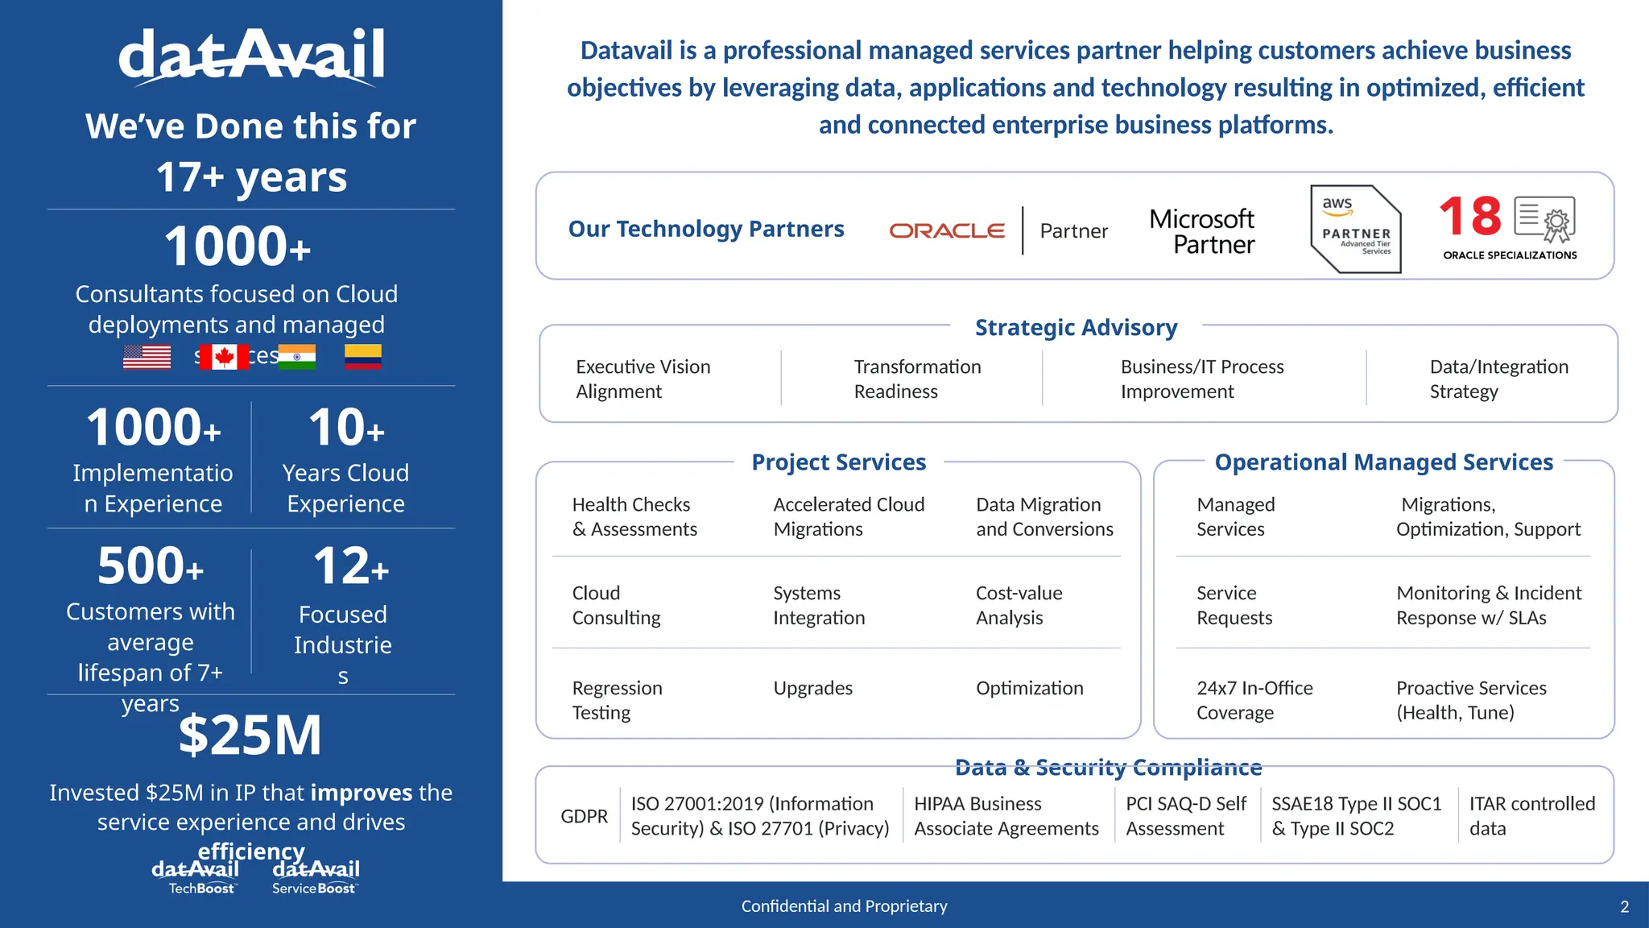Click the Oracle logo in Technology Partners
947,230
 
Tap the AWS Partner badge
1356,230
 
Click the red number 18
1470,217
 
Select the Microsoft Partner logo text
1201,231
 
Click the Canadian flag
224,356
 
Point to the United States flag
147,356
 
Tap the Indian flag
297,356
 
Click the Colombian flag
363,356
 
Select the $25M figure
250,735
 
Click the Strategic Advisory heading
1076,327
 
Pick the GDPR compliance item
584,816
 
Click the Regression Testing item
617,700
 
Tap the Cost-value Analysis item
1019,605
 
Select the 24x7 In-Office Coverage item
1254,700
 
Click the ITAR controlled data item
1531,816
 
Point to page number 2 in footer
1624,906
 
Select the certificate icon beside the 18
1544,218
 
